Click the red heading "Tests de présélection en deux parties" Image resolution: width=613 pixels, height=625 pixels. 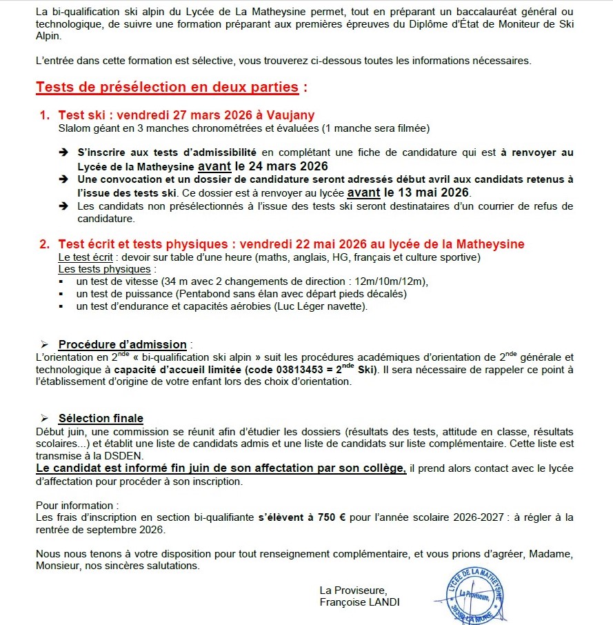click(x=168, y=88)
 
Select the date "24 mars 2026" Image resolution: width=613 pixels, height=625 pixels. click(x=281, y=166)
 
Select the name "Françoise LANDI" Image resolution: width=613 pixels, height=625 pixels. click(x=359, y=602)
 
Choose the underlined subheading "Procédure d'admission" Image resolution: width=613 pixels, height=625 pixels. click(x=122, y=344)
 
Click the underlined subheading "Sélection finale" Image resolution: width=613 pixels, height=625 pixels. click(x=101, y=418)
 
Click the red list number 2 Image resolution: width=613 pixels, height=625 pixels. click(x=44, y=244)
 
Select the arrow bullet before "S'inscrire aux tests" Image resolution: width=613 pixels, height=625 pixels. click(x=63, y=152)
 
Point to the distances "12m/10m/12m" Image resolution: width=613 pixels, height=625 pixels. click(x=396, y=281)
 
